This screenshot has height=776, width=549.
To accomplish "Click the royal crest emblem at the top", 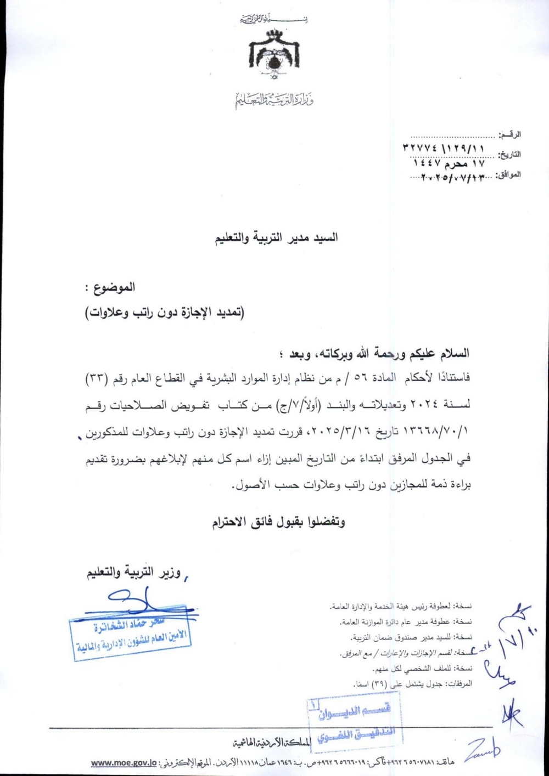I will (274, 53).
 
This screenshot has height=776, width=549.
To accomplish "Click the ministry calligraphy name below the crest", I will (274, 100).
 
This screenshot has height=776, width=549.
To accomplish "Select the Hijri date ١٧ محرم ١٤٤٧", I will (449, 163).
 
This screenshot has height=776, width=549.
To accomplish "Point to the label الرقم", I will (509, 134).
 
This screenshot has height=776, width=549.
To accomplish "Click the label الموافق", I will (508, 175).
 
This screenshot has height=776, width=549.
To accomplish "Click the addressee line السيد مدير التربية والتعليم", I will (276, 237).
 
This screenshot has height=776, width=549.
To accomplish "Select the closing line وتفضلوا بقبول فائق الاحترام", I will (279, 522).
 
